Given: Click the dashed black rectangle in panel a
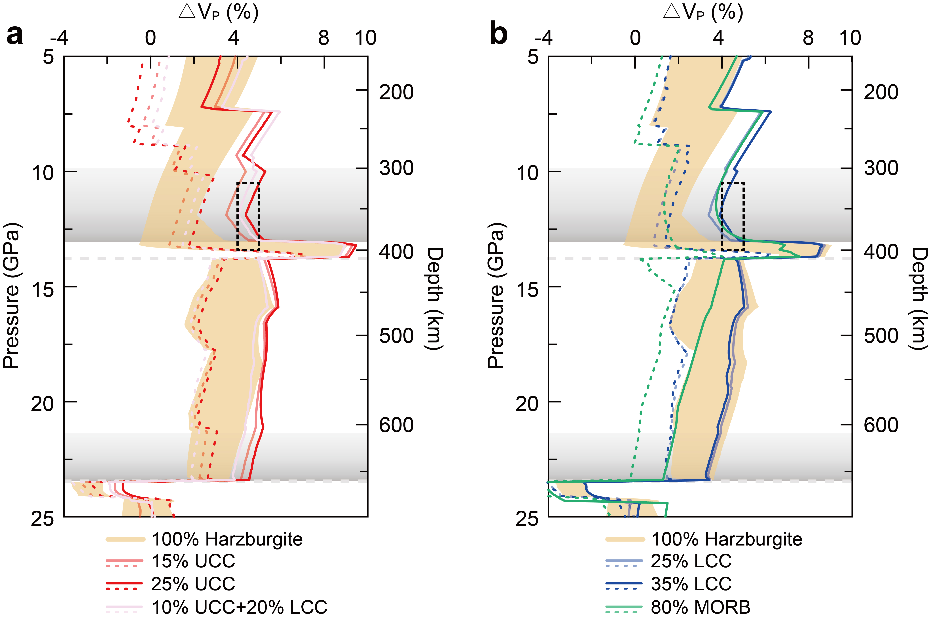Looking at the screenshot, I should point(248,216).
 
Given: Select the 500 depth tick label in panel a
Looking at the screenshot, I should point(396,336).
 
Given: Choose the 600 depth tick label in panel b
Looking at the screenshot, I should point(881,425).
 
